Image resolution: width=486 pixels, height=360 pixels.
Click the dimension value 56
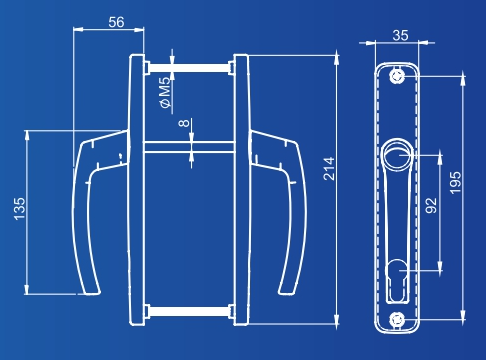pyautogui.click(x=116, y=22)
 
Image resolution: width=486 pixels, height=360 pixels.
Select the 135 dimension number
pyautogui.click(x=19, y=209)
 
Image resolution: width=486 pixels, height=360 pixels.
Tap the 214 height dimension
pyautogui.click(x=328, y=169)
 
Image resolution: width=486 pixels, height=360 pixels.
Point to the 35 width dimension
pyautogui.click(x=400, y=35)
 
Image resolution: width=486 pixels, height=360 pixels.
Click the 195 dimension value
pyautogui.click(x=455, y=183)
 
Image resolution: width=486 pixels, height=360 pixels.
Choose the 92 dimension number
pyautogui.click(x=431, y=205)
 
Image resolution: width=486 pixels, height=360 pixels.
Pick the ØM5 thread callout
pyautogui.click(x=165, y=93)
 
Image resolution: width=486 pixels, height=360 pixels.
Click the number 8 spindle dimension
pyautogui.click(x=184, y=123)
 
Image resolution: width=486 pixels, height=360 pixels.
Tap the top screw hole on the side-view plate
pyautogui.click(x=397, y=76)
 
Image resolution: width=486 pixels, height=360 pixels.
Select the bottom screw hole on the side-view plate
pyautogui.click(x=397, y=320)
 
